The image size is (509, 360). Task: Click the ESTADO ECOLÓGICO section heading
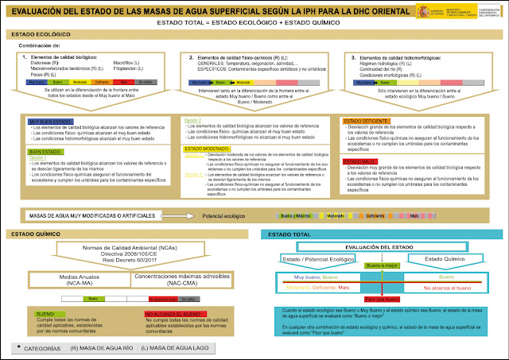click(37, 36)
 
